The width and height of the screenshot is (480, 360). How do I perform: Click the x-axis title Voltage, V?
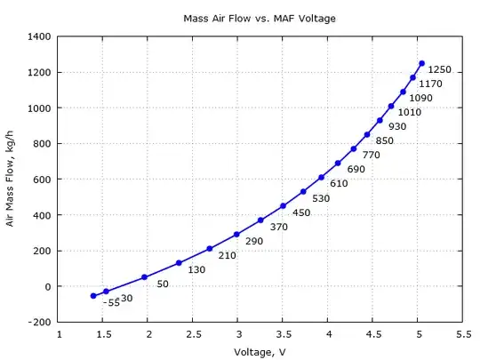coord(260,352)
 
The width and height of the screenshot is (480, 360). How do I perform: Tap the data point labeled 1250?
coord(421,63)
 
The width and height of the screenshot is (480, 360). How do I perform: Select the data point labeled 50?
coord(145,277)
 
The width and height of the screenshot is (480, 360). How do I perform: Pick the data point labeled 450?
coord(283,206)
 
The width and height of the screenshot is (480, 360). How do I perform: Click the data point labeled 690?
coord(338,163)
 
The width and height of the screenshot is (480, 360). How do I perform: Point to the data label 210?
coord(228,256)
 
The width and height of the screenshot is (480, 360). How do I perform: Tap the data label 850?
coord(384,141)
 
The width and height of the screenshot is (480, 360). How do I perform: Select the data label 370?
coord(278,228)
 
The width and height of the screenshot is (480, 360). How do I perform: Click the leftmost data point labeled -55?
coord(93,296)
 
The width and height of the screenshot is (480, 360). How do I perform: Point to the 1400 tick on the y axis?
coord(41,36)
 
